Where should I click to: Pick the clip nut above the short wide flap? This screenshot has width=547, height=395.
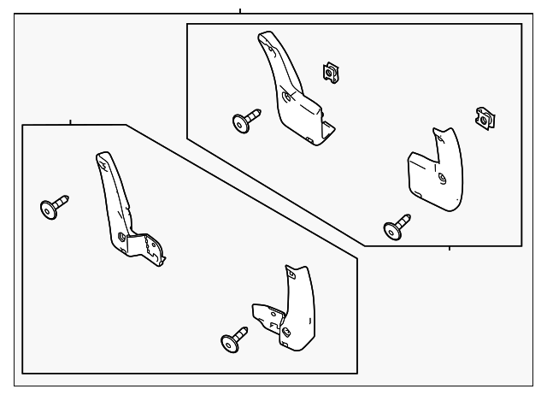485,119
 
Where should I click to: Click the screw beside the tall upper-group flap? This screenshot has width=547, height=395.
246,121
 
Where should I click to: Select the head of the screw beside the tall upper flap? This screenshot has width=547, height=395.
241,124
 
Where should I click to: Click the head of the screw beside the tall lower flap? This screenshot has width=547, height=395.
49,209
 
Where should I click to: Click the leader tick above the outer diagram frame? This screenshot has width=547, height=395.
240,10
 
